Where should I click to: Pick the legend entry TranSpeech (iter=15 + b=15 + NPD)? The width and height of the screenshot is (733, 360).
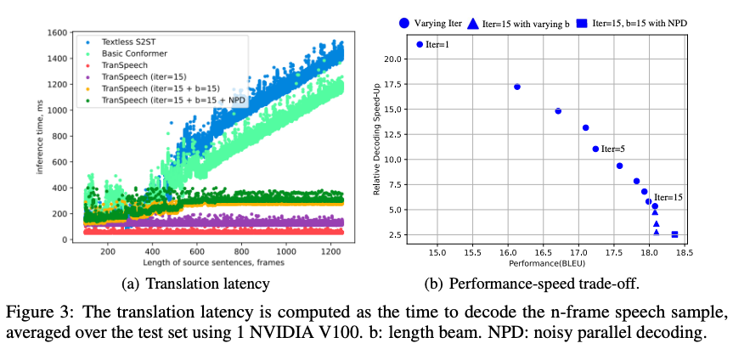tap(161, 100)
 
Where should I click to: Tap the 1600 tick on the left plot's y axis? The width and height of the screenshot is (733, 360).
tap(58, 32)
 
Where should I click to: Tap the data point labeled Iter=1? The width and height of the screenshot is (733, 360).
tap(420, 43)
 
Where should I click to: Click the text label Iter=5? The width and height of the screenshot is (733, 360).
tap(613, 149)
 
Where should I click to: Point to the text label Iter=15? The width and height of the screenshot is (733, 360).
tap(668, 197)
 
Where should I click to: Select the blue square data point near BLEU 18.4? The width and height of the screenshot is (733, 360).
tap(674, 234)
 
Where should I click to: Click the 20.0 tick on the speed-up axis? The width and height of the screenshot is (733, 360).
tap(392, 59)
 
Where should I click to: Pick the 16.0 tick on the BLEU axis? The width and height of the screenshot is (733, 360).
tap(508, 252)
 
